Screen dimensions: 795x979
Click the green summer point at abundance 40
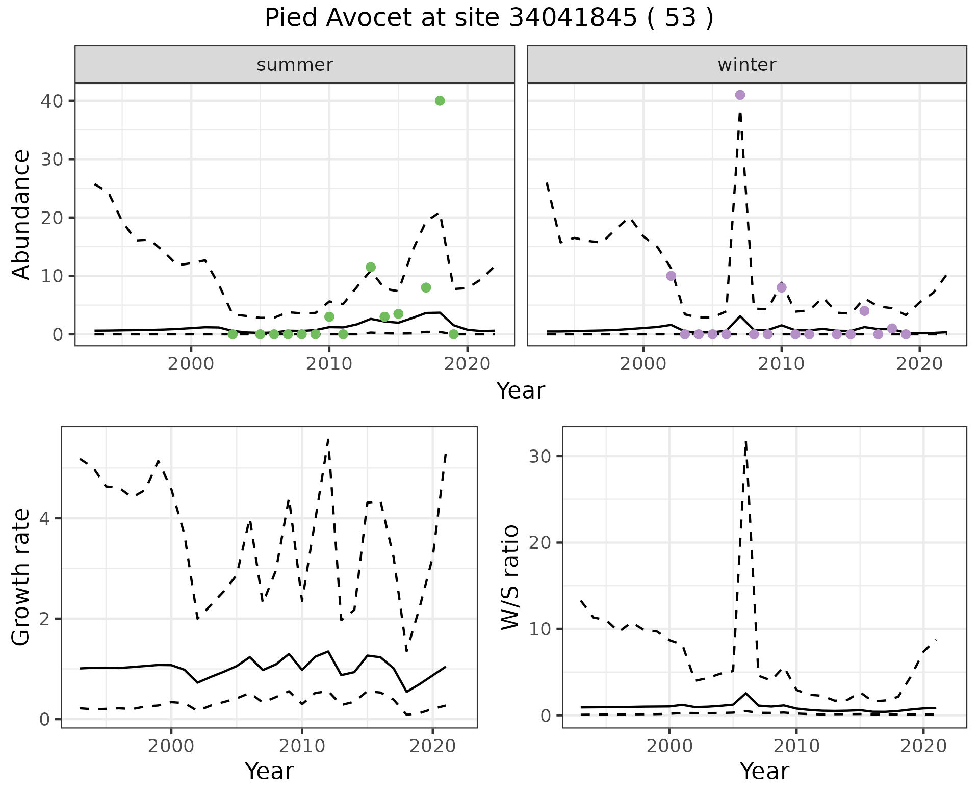(x=440, y=101)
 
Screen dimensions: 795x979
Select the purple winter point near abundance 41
(x=740, y=95)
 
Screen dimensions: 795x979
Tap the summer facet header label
(x=295, y=65)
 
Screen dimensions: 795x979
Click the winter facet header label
(x=746, y=65)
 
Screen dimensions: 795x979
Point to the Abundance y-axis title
(x=21, y=215)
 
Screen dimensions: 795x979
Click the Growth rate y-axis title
(x=21, y=577)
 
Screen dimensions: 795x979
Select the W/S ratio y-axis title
(x=510, y=577)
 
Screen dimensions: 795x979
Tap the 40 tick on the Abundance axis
(x=51, y=101)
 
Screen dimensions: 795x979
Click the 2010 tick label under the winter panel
(x=781, y=364)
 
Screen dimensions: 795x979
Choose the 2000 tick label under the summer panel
(x=191, y=364)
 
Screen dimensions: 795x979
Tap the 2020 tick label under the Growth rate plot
(x=432, y=747)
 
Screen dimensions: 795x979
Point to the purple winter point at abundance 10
(x=671, y=276)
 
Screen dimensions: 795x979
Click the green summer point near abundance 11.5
(x=371, y=267)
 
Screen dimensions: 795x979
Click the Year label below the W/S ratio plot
(x=764, y=771)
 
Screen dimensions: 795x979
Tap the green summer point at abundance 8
(x=426, y=287)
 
